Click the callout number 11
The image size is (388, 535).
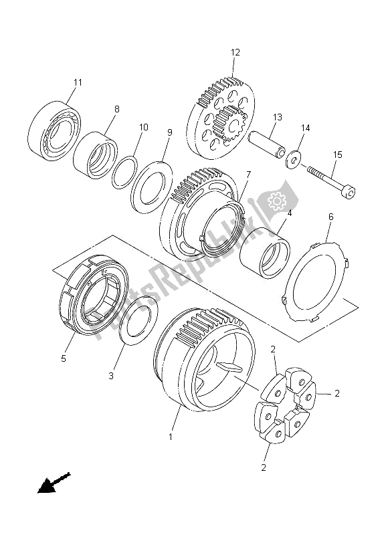pyautogui.click(x=78, y=82)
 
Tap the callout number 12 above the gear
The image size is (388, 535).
pyautogui.click(x=235, y=51)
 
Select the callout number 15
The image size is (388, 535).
pyautogui.click(x=338, y=155)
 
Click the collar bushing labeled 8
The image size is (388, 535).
pyautogui.click(x=94, y=159)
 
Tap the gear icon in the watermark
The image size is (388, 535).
pyautogui.click(x=275, y=201)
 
